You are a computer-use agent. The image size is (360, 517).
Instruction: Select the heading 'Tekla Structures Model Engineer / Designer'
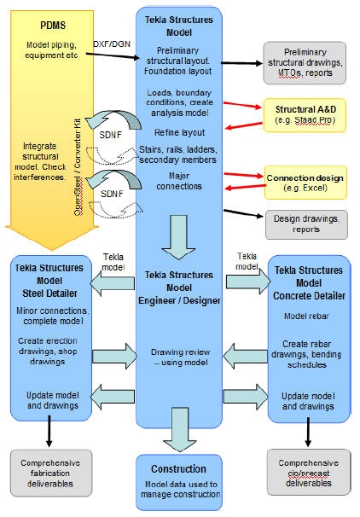pyautogui.click(x=179, y=286)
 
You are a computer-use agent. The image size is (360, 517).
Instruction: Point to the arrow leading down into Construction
pyautogui.click(x=179, y=436)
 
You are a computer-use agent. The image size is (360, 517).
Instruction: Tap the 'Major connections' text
pyautogui.click(x=179, y=181)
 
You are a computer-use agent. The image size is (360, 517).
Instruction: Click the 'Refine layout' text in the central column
pyautogui.click(x=179, y=133)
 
